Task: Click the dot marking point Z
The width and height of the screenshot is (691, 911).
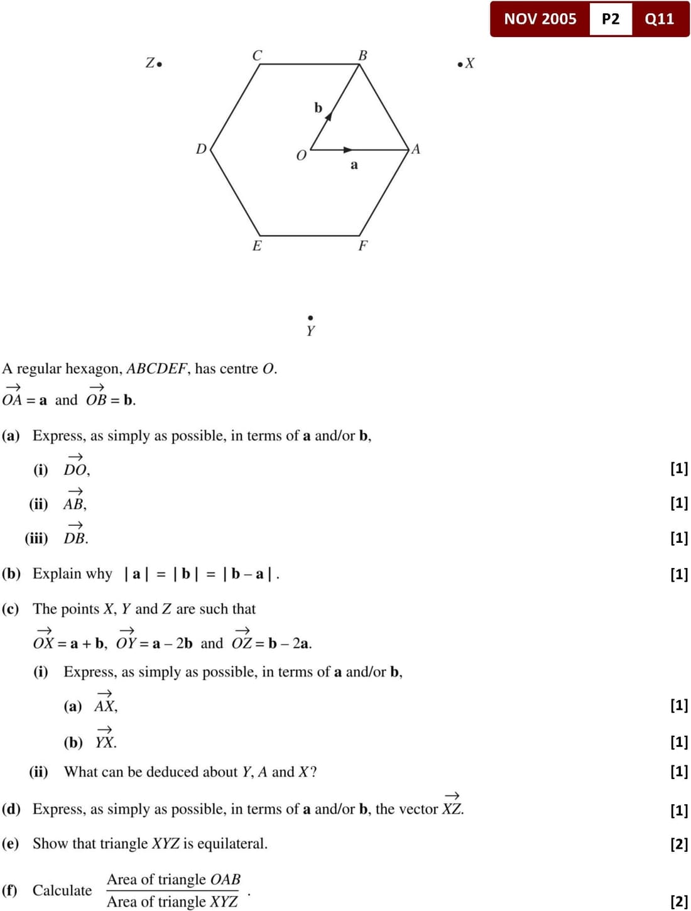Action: [x=160, y=64]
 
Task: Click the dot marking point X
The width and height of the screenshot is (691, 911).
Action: [x=460, y=63]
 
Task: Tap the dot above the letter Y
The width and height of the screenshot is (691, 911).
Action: [x=310, y=318]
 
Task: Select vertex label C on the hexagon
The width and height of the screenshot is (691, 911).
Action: [x=257, y=55]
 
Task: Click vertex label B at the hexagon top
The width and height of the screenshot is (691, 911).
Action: [x=362, y=55]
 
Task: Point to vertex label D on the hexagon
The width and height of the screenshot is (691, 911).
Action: [x=201, y=149]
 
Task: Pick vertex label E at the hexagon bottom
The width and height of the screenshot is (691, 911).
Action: [x=257, y=246]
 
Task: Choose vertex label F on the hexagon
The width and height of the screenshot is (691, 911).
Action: [x=362, y=246]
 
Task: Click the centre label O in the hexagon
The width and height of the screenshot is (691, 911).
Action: [x=301, y=155]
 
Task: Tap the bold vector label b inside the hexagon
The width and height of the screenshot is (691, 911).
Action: [x=318, y=108]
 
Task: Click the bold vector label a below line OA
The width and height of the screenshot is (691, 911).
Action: [x=354, y=165]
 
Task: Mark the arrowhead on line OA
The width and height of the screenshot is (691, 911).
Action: [x=348, y=150]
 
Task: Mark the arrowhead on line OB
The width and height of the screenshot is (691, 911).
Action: [x=328, y=116]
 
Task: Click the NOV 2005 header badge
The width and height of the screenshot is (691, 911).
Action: [x=540, y=19]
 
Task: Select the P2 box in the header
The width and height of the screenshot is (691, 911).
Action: [x=610, y=19]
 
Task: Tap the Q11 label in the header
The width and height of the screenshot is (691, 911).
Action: [x=659, y=19]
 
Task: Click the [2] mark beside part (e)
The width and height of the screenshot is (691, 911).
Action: [x=679, y=843]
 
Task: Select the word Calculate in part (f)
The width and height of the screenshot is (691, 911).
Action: [x=62, y=890]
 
